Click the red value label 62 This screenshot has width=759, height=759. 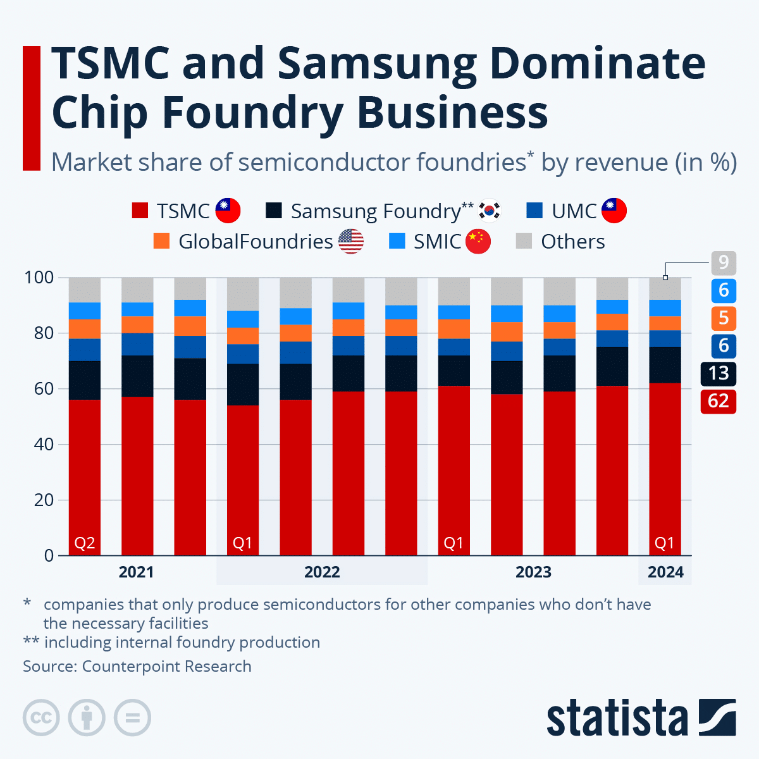[718, 401]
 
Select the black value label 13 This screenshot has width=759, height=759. [718, 373]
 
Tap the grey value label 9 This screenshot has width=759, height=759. [723, 262]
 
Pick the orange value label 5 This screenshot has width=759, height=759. [723, 318]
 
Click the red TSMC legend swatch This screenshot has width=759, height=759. [140, 211]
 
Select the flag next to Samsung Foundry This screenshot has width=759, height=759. [489, 211]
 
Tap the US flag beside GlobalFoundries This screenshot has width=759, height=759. [351, 242]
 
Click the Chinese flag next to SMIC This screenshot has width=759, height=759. [478, 242]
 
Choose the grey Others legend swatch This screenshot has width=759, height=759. [524, 242]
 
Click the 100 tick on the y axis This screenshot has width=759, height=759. [39, 278]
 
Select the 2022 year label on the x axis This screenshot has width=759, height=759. [322, 572]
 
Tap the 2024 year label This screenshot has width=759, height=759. [665, 572]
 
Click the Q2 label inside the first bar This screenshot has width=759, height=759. [85, 543]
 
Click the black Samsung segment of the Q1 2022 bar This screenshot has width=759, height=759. [243, 385]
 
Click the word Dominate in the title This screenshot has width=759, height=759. [597, 63]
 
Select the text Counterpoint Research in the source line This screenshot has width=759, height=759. [167, 666]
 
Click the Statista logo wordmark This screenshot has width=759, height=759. [617, 719]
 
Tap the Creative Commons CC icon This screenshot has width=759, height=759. [41, 718]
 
